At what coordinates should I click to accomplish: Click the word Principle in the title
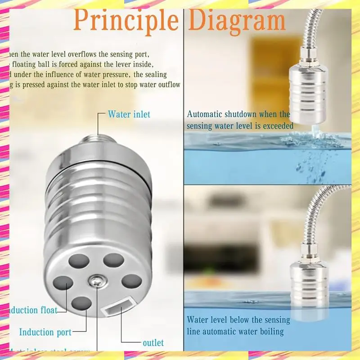pyautogui.click(x=126, y=20)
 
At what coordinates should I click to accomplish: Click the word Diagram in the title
pyautogui.click(x=237, y=20)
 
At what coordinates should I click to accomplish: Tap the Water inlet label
pyautogui.click(x=129, y=114)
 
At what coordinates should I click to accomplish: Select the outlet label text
pyautogui.click(x=153, y=343)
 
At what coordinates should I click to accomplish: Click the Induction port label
pyautogui.click(x=45, y=333)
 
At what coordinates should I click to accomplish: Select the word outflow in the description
pyautogui.click(x=166, y=84)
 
